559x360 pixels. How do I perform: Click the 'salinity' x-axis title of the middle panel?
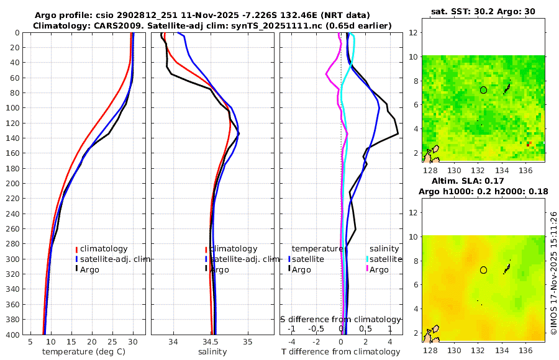pyautogui.click(x=212, y=352)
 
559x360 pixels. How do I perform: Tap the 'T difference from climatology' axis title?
pyautogui.click(x=341, y=352)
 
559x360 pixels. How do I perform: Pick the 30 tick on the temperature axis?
pyautogui.click(x=132, y=341)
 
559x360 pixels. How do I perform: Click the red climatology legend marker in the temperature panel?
pyautogui.click(x=77, y=249)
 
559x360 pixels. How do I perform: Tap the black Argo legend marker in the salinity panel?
pyautogui.click(x=206, y=269)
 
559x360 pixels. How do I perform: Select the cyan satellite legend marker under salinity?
pyautogui.click(x=367, y=259)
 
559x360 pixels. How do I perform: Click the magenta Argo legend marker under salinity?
pyautogui.click(x=367, y=269)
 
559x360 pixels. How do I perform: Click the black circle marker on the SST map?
pyautogui.click(x=483, y=90)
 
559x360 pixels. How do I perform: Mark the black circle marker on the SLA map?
pyautogui.click(x=483, y=270)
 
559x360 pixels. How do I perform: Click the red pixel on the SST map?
pyautogui.click(x=529, y=144)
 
